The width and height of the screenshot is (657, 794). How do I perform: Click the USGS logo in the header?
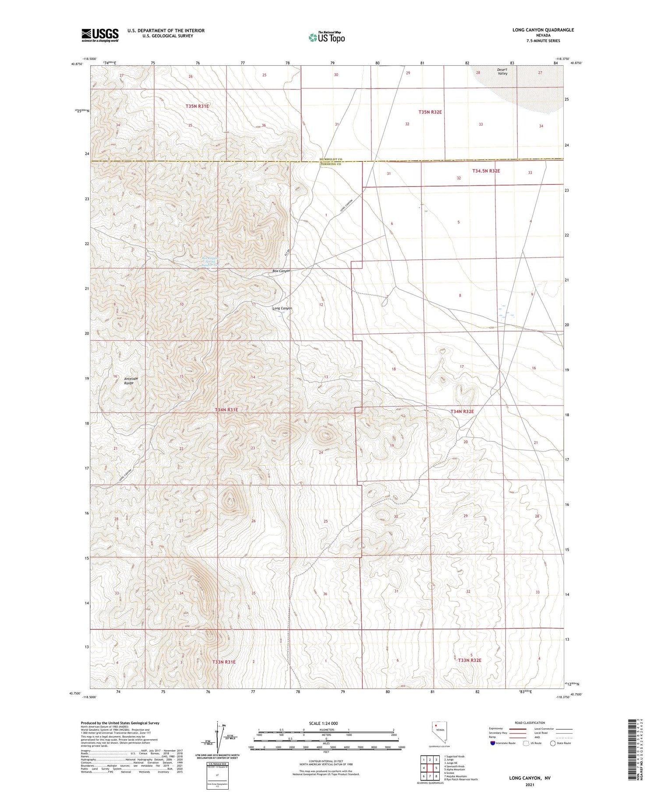(x=100, y=35)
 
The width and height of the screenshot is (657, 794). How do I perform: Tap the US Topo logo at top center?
(x=326, y=38)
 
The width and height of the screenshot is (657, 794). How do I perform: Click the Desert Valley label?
(x=502, y=72)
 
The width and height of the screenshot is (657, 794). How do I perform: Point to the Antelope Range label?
(x=129, y=381)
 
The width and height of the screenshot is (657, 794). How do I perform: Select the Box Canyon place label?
(x=281, y=271)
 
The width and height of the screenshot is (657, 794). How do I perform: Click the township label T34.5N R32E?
(x=486, y=171)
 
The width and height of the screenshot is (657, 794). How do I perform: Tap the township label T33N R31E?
(x=224, y=662)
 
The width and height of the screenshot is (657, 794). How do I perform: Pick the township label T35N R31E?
(x=197, y=106)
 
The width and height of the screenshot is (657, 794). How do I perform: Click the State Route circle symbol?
(x=553, y=743)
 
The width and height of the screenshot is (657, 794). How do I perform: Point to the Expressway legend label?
(x=496, y=729)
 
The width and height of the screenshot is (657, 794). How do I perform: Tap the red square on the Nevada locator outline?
(x=436, y=724)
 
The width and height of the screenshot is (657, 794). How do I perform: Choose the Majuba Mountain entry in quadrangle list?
(x=456, y=776)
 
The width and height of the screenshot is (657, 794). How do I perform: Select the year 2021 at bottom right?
(x=530, y=785)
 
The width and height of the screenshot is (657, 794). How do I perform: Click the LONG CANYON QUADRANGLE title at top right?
(x=543, y=30)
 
